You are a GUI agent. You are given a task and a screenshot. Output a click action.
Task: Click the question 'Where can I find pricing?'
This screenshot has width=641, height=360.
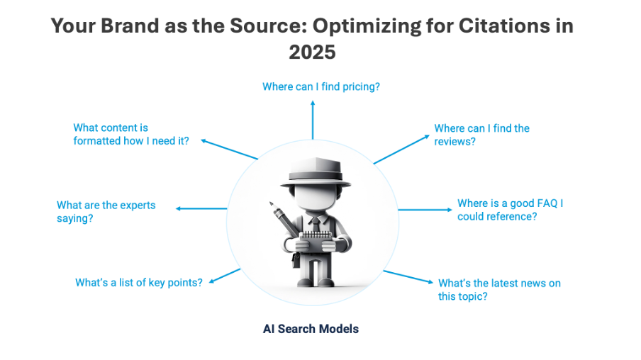coord(321,86)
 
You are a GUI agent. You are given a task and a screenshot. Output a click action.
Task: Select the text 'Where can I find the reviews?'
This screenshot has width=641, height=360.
coord(481,135)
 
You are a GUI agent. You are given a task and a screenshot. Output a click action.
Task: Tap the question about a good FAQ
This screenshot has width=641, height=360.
coord(510,210)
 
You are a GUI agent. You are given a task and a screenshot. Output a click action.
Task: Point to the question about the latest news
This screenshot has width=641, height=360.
coord(499,289)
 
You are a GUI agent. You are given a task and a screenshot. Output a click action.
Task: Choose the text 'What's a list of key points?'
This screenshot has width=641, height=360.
coord(139,282)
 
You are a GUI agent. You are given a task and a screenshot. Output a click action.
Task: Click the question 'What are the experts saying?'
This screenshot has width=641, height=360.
coord(106,211)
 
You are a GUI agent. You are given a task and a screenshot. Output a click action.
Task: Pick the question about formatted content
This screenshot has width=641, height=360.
coord(131,134)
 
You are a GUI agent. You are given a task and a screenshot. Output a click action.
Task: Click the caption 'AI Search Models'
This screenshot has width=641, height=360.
coord(311,329)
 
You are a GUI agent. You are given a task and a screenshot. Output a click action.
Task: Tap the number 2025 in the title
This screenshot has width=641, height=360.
coord(312,52)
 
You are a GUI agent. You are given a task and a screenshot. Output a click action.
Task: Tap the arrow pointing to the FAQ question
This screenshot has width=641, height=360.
coord(425,209)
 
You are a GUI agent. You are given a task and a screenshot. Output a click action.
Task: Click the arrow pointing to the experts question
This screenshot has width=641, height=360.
coord(201,208)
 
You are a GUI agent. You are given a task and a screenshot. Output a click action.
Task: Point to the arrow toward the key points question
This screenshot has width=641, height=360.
coord(225,275)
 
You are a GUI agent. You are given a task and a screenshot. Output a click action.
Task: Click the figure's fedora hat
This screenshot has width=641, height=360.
coord(315,174)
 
